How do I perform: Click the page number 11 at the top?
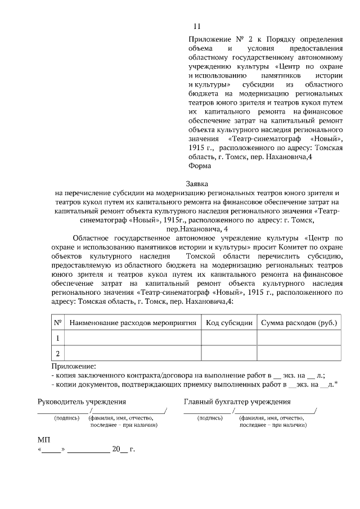click(196, 26)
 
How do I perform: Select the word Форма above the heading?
click(200, 166)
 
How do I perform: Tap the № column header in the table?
click(57, 323)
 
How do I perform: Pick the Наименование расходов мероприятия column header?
click(133, 323)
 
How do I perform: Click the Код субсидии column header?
click(229, 323)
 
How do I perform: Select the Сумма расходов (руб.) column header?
click(299, 323)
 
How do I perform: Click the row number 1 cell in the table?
click(57, 338)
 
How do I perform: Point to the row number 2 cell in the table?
click(57, 353)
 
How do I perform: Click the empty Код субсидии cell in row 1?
click(229, 338)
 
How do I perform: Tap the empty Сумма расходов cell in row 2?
click(299, 353)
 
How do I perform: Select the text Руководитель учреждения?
click(81, 402)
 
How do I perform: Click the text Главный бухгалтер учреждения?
click(237, 402)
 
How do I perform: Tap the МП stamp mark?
click(44, 439)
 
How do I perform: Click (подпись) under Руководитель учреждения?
click(66, 418)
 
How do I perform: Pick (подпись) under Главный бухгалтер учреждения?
click(211, 418)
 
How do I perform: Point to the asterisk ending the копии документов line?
click(336, 384)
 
